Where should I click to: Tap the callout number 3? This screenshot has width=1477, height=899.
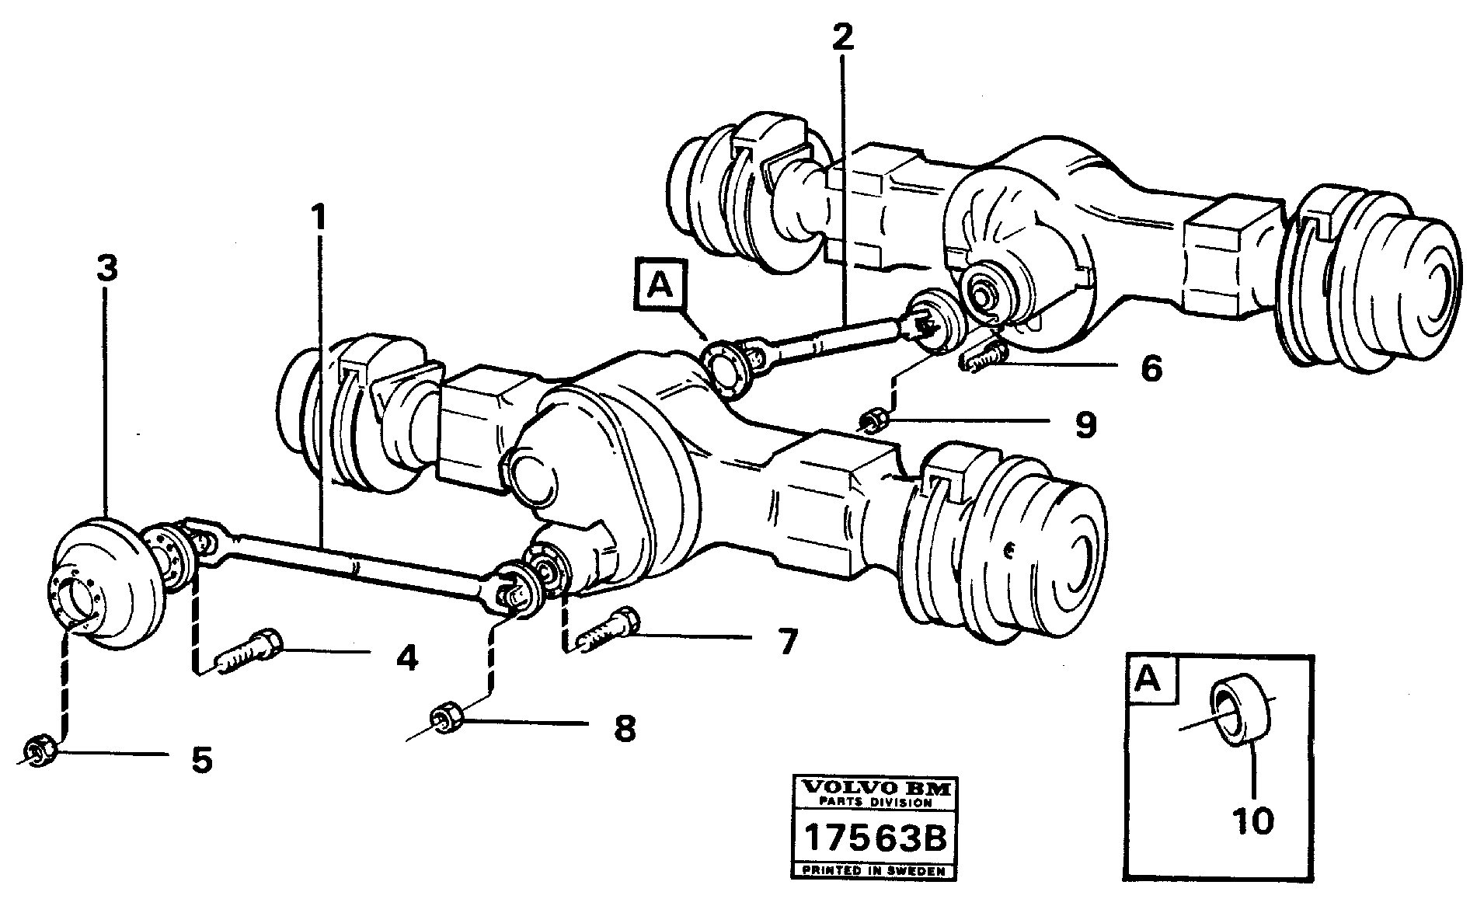click(106, 270)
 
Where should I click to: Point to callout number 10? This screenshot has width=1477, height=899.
click(1252, 821)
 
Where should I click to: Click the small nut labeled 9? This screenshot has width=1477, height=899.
click(873, 421)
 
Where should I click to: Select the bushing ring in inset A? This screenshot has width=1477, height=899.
click(1241, 712)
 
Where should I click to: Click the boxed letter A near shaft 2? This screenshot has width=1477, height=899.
click(659, 287)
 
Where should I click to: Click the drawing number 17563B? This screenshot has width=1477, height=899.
click(873, 839)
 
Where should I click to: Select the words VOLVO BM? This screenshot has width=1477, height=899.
click(873, 788)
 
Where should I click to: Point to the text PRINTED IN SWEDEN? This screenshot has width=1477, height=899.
click(873, 870)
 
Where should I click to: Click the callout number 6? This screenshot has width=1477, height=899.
click(1151, 368)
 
